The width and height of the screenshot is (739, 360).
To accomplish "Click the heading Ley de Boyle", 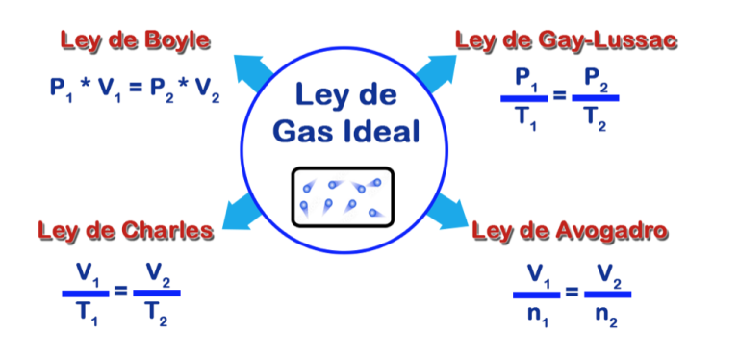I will (136, 40).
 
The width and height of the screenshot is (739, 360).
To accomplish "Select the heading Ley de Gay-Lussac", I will (567, 40).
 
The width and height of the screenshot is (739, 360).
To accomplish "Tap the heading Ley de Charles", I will (125, 231).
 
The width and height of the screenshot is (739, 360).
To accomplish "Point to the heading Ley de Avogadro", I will (571, 231).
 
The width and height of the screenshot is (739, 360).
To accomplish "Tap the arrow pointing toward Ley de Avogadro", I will (445, 209).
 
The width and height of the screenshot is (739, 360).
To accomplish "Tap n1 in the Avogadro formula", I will (536, 313).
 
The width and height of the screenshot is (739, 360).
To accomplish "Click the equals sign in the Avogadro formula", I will (572, 292).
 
